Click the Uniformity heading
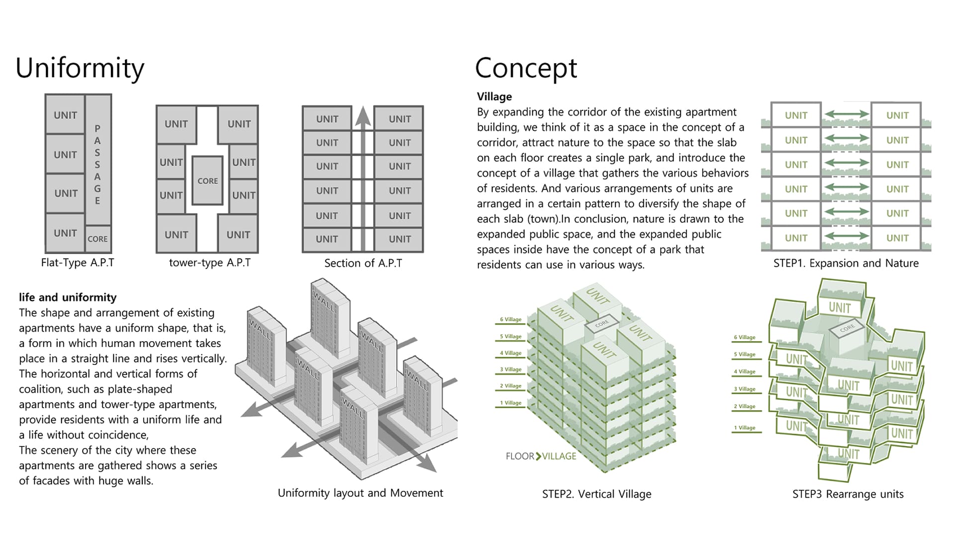pyautogui.click(x=80, y=68)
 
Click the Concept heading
pyautogui.click(x=526, y=68)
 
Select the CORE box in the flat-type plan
pyautogui.click(x=97, y=239)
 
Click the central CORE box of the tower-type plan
pyautogui.click(x=207, y=181)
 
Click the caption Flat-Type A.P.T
pyautogui.click(x=78, y=263)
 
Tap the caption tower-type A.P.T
pyautogui.click(x=209, y=263)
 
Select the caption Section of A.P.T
pyautogui.click(x=363, y=263)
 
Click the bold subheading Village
pyautogui.click(x=494, y=96)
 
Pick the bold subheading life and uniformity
pyautogui.click(x=68, y=297)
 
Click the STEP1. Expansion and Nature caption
pyautogui.click(x=846, y=263)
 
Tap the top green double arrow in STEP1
pyautogui.click(x=847, y=115)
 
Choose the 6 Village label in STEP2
pyautogui.click(x=511, y=320)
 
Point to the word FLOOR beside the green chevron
pyautogui.click(x=520, y=456)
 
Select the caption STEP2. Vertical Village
pyautogui.click(x=596, y=494)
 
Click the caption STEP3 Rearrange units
pyautogui.click(x=848, y=494)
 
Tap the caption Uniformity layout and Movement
pyautogui.click(x=360, y=493)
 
